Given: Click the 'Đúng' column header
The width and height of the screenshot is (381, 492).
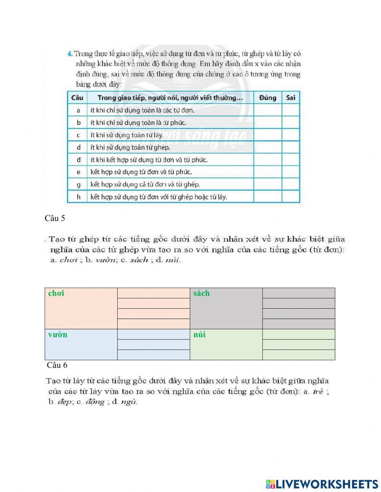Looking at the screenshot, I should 267,98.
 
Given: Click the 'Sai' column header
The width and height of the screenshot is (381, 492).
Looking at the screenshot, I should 290,98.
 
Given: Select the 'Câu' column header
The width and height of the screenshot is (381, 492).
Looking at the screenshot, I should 77,98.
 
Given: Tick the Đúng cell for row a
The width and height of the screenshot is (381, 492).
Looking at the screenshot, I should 267,110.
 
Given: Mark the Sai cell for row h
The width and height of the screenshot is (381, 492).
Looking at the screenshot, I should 290,197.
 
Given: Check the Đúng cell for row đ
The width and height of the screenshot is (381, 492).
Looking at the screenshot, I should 267,160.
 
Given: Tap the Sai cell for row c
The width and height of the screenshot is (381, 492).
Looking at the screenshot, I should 290,135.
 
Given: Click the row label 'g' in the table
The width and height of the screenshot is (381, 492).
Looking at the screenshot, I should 78,184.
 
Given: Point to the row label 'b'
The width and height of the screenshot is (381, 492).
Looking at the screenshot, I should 78,123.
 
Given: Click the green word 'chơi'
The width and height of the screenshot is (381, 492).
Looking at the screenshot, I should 56,293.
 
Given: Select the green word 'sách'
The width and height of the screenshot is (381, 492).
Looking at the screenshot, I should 201,293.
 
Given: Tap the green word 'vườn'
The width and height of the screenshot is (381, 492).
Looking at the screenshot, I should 58,334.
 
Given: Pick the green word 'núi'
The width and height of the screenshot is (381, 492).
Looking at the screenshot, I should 199,334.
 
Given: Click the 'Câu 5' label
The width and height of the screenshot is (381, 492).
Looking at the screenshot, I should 55,218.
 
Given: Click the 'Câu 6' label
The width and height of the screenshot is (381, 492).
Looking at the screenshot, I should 57,365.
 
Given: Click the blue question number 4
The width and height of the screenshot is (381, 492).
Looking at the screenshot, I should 70,54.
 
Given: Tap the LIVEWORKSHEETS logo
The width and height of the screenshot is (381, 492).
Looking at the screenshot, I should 322,484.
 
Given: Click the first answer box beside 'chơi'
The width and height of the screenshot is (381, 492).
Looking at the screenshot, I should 154,293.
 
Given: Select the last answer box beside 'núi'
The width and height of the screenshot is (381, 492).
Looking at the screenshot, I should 298,355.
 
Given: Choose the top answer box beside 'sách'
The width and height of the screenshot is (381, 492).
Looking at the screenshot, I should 298,293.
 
